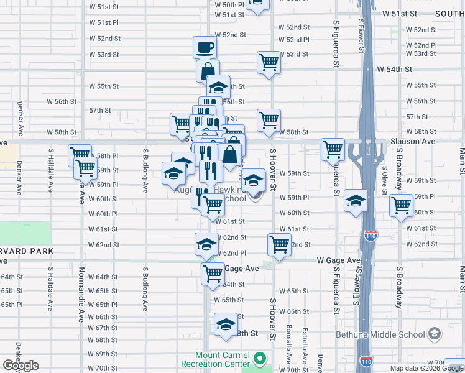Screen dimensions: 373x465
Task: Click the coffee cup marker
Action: tap(205, 47)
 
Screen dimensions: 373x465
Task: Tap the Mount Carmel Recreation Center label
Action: tap(216, 359)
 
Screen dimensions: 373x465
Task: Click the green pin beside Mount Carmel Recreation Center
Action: tap(261, 359)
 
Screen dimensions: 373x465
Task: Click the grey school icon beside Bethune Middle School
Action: tap(434, 335)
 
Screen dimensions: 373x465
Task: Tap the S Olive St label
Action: tap(385, 179)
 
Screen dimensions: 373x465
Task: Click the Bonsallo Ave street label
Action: tap(288, 346)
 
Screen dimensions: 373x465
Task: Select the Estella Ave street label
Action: tap(305, 346)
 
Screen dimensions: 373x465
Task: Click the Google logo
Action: tap(21, 366)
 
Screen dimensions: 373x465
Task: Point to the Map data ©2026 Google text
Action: tap(426, 368)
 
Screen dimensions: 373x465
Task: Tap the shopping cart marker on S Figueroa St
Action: tap(333, 149)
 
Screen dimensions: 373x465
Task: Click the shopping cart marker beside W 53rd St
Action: tap(269, 62)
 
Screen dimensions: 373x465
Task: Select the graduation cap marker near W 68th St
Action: tap(226, 325)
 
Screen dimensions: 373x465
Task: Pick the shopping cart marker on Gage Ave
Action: tap(213, 273)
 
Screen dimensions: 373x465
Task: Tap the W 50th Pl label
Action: tap(230, 4)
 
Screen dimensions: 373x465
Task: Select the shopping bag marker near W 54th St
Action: tap(208, 70)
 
